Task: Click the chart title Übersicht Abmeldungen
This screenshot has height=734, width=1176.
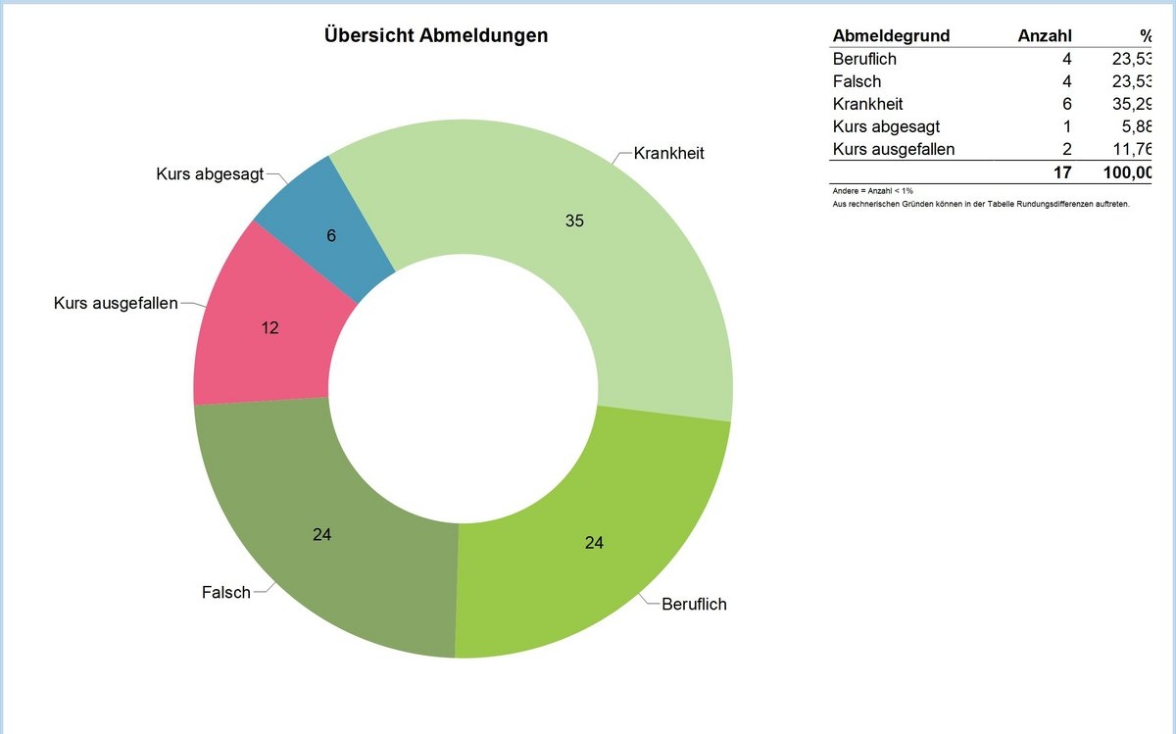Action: point(435,36)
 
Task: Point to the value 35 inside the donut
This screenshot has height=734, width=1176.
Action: point(574,221)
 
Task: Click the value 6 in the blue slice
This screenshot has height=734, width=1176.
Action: point(331,236)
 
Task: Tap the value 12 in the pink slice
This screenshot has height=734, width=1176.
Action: point(270,328)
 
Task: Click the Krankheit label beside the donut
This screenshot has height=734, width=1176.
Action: point(668,154)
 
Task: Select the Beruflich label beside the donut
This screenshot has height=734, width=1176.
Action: point(694,605)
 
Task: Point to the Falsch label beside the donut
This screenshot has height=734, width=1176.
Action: point(225,593)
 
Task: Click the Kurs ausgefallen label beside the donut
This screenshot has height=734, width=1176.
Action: point(116,304)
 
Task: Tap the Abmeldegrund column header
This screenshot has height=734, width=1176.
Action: point(891,36)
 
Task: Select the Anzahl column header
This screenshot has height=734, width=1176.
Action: point(1045,36)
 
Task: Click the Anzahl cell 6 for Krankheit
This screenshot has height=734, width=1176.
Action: point(1066,104)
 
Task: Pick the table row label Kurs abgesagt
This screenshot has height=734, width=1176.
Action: point(886,126)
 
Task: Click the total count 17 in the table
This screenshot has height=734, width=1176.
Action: point(1062,173)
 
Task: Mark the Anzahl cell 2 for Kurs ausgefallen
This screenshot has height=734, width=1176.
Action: point(1066,149)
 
